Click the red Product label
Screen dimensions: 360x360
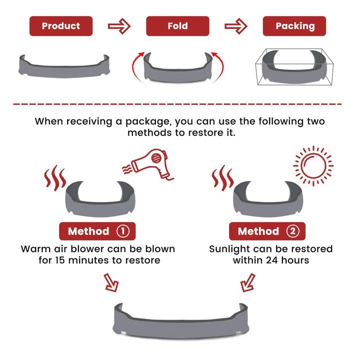[61, 26]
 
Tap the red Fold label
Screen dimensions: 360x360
[177, 26]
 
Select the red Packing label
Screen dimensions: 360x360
[294, 26]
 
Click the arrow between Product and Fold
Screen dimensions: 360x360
[119, 26]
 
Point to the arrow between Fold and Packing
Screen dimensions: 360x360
[236, 26]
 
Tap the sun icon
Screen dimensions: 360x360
[313, 166]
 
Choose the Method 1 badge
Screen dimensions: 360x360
[97, 231]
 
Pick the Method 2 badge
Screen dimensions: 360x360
[267, 231]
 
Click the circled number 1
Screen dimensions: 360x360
[123, 231]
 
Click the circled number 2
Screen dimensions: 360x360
[292, 231]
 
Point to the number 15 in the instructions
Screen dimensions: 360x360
[60, 260]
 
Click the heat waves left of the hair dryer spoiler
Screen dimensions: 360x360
[55, 178]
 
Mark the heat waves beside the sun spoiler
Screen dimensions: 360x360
[222, 178]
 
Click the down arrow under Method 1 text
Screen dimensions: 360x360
[111, 282]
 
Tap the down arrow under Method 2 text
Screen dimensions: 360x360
[247, 282]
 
